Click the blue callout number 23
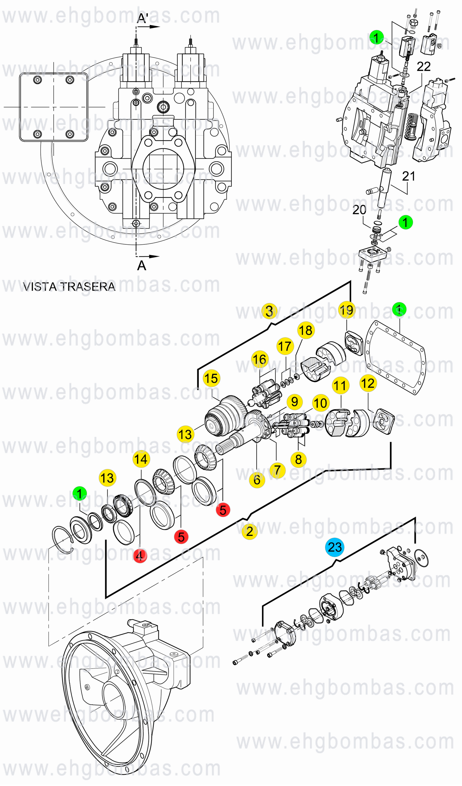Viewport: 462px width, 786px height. pos(335,547)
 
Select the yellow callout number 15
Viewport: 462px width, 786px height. pos(211,378)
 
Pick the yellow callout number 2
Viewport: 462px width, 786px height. pos(250,531)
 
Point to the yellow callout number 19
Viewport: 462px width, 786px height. pos(347,310)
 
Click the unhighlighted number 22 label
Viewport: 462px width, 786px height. pos(424,66)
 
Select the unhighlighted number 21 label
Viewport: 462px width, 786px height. pos(409,176)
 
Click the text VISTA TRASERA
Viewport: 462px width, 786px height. pos(69,287)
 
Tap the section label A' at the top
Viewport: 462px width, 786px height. pos(143,18)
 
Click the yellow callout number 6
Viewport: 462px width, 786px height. pos(257,480)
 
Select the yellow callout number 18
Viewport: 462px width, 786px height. pos(306,330)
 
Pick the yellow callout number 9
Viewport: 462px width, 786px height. pos(294,402)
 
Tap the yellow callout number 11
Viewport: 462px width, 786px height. pos(341,385)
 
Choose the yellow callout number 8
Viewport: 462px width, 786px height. pos(298,460)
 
